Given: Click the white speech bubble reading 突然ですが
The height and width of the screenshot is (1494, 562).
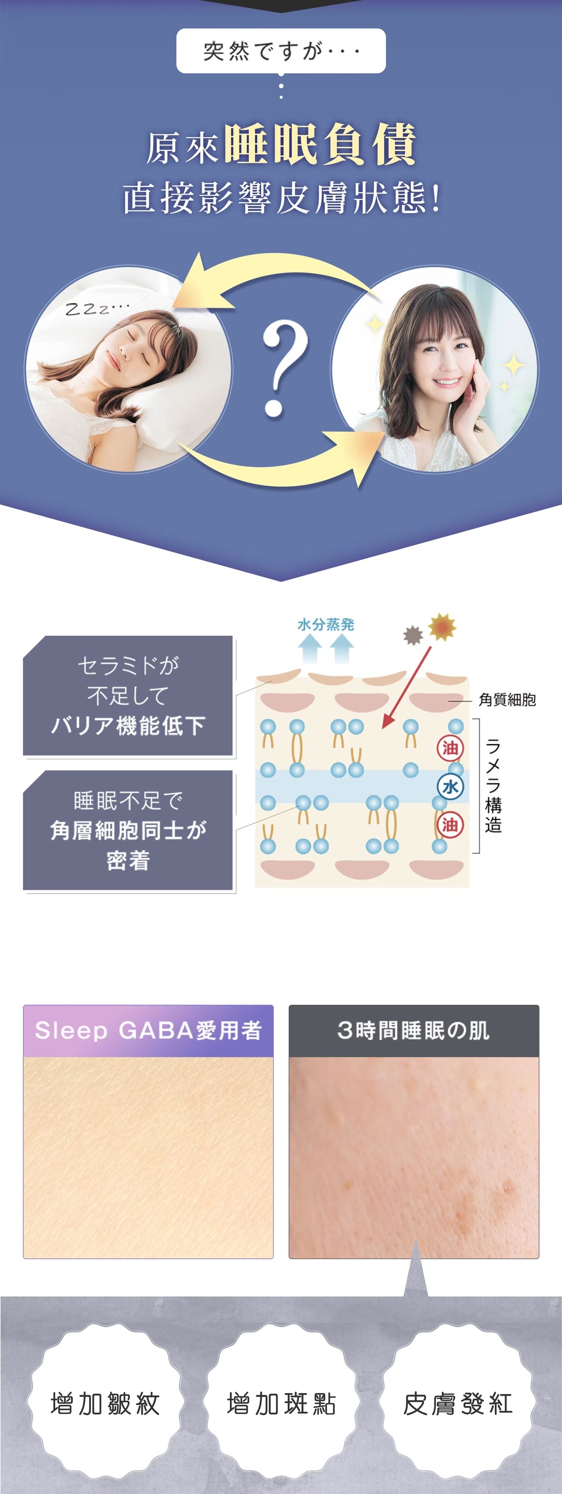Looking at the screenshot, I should [x=281, y=51].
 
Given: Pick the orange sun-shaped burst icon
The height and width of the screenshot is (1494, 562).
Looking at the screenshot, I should [x=442, y=627].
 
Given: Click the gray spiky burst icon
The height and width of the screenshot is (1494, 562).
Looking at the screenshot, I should [x=413, y=635].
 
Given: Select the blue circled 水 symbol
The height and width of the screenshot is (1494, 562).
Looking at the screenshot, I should [x=450, y=787].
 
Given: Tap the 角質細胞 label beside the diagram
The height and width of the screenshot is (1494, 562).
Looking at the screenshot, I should [x=507, y=700].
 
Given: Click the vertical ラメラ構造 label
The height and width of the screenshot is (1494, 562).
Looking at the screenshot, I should [x=493, y=786].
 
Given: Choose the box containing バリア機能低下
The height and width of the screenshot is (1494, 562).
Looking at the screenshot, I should [x=128, y=696].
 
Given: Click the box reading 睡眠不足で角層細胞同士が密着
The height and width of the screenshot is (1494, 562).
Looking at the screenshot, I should [x=128, y=830].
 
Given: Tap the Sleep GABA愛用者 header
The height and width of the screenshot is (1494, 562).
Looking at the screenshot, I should [x=148, y=1031].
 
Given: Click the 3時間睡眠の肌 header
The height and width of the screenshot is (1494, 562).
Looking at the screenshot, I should [x=413, y=1031].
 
